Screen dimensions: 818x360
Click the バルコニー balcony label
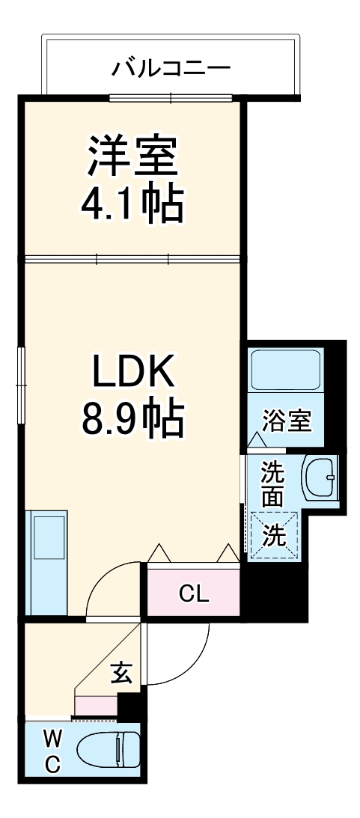(171, 69)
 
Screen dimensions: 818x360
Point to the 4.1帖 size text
(132, 204)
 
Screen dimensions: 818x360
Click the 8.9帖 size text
(132, 418)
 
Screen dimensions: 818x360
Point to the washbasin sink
(321, 479)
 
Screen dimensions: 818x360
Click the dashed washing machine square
(274, 535)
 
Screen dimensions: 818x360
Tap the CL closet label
(193, 594)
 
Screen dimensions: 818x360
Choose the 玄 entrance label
(122, 674)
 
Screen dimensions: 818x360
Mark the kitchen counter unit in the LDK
(46, 561)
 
